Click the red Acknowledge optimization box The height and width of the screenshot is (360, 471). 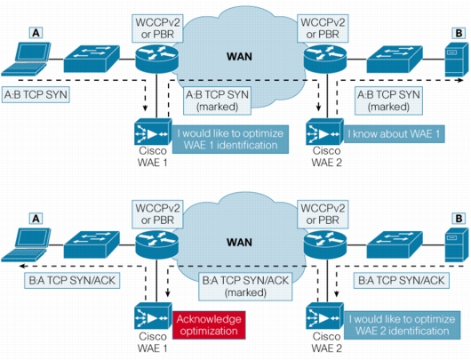(x=209, y=325)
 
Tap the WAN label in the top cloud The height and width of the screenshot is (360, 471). (x=239, y=57)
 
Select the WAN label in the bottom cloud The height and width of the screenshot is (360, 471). (x=239, y=242)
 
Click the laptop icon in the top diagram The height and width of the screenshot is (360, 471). (x=26, y=59)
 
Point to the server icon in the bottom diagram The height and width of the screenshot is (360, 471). (x=457, y=245)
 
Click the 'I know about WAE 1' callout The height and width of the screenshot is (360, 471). (x=394, y=134)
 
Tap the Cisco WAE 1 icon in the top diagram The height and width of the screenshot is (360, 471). (x=153, y=132)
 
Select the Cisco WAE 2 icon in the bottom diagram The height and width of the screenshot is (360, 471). (x=324, y=316)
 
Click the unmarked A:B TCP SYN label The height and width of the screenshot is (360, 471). (x=36, y=95)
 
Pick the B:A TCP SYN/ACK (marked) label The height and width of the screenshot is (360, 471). (x=245, y=286)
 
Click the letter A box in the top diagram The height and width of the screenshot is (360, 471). (x=36, y=33)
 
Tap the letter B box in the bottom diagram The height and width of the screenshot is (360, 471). (x=459, y=219)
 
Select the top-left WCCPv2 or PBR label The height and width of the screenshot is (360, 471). (x=157, y=28)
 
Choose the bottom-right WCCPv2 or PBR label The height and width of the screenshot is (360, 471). (x=323, y=214)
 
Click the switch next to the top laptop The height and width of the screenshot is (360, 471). (x=92, y=59)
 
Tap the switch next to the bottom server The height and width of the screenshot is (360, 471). (x=395, y=244)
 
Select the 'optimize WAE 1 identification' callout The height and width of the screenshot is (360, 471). (x=230, y=140)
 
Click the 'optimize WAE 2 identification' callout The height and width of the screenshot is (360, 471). (x=403, y=325)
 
